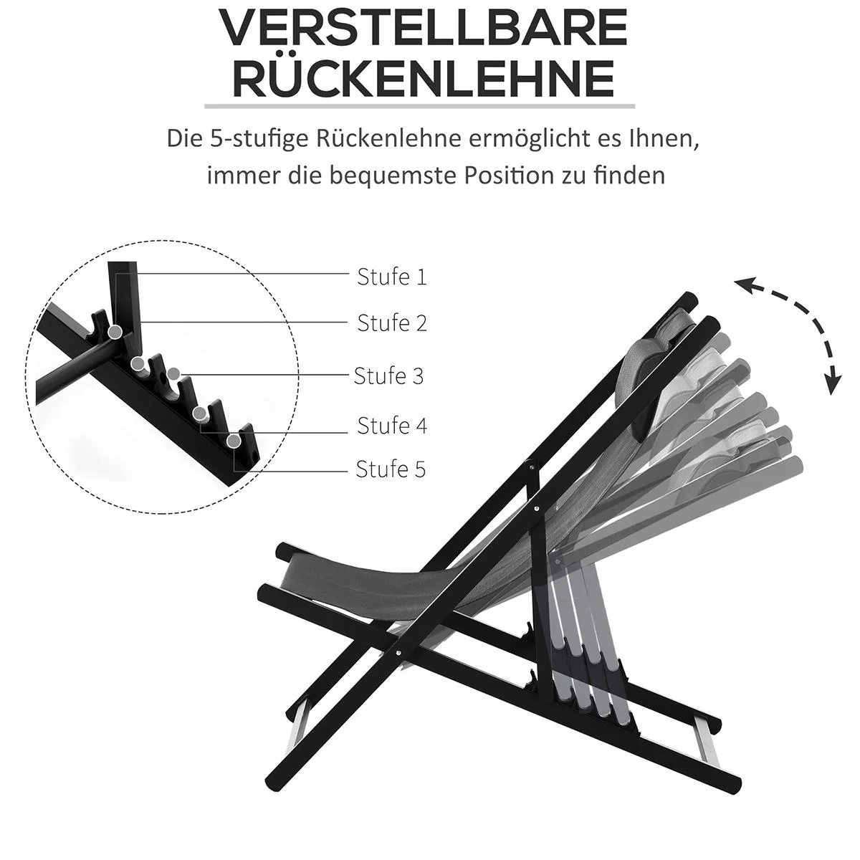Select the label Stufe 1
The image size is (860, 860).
pos(391,277)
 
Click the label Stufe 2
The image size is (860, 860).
pos(391,323)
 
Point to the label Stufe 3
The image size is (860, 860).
pos(388,376)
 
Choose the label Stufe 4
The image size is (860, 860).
pos(391,426)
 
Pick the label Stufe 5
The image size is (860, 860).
pos(391,469)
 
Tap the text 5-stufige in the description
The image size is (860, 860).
pos(262,138)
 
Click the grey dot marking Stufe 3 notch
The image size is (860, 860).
pos(174,373)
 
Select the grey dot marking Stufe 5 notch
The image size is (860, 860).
pos(234,440)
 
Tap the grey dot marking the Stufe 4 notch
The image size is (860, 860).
pos(199,413)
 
